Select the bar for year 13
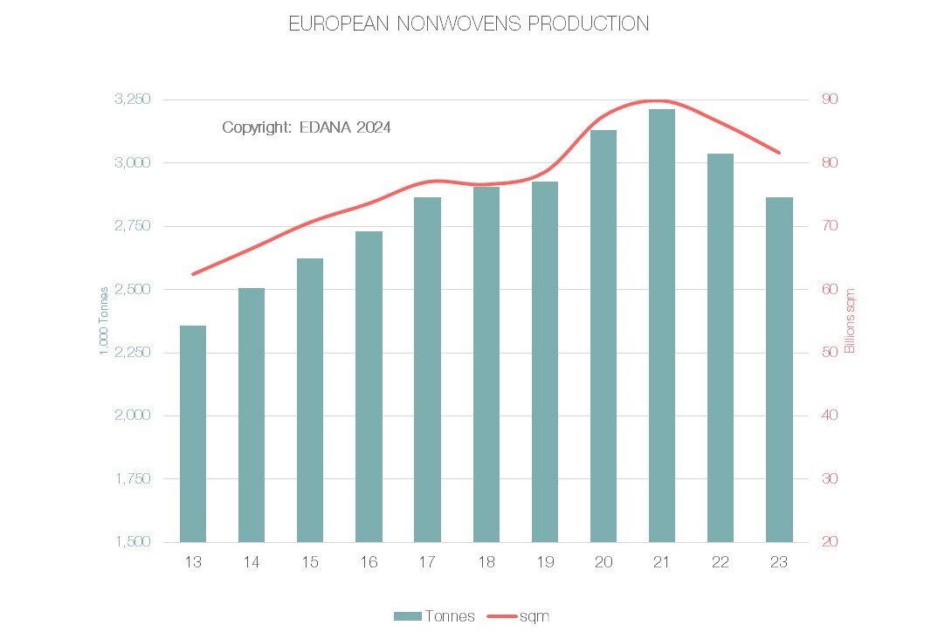click(193, 434)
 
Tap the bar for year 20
click(603, 336)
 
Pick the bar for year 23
click(779, 369)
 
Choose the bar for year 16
click(369, 387)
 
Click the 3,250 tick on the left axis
click(133, 100)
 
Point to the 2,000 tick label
click(133, 416)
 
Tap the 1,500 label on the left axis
click(133, 542)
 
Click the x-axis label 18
click(486, 563)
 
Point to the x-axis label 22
click(720, 563)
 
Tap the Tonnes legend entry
click(434, 616)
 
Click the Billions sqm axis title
click(850, 320)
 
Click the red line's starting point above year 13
click(193, 274)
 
